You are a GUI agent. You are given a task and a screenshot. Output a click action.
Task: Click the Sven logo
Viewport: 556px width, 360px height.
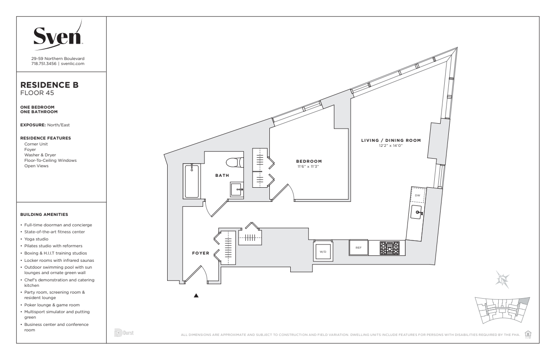58,35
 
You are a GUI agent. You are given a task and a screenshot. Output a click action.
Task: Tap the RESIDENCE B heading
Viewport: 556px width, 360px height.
50,85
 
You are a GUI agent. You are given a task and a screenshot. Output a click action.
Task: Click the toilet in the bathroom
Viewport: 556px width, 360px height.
235,162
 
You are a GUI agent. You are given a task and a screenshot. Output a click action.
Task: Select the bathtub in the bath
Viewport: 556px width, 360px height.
192,181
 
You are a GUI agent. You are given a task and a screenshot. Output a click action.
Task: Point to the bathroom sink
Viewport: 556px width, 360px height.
237,189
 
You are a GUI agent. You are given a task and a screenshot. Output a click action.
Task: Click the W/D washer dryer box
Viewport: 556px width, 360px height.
323,251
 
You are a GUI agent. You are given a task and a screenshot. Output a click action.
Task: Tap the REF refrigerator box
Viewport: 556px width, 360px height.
358,247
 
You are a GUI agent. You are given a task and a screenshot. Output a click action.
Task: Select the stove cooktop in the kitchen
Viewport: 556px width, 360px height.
390,248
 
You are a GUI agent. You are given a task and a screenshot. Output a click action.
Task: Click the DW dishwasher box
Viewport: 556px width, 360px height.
418,195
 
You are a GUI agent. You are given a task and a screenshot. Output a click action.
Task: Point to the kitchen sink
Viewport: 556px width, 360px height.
416,212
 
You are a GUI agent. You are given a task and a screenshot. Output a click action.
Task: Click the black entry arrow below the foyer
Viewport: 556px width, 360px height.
196,295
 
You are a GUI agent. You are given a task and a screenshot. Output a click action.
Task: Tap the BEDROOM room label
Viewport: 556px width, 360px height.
309,161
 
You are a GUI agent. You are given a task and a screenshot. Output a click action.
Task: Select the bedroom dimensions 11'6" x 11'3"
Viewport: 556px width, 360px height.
308,166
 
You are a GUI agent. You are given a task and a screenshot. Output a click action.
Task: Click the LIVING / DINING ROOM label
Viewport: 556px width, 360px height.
391,140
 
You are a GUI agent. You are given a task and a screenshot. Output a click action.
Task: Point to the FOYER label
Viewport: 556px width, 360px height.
201,253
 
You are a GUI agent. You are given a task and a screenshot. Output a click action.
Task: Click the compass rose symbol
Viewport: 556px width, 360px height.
502,280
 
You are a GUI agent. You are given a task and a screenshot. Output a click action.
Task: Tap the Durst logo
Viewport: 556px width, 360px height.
124,333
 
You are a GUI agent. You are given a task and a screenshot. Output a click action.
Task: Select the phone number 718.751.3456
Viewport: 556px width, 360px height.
44,64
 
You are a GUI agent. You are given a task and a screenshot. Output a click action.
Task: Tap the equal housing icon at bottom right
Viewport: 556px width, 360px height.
528,334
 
